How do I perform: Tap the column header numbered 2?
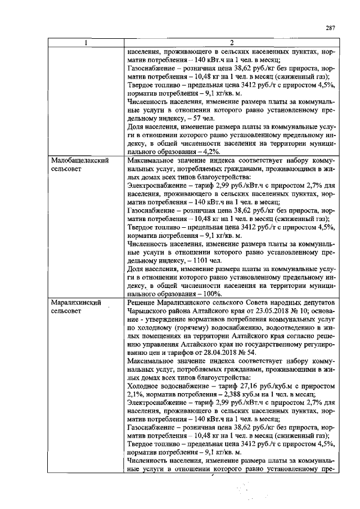coord(231,44)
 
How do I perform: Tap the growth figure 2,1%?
coord(136,396)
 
